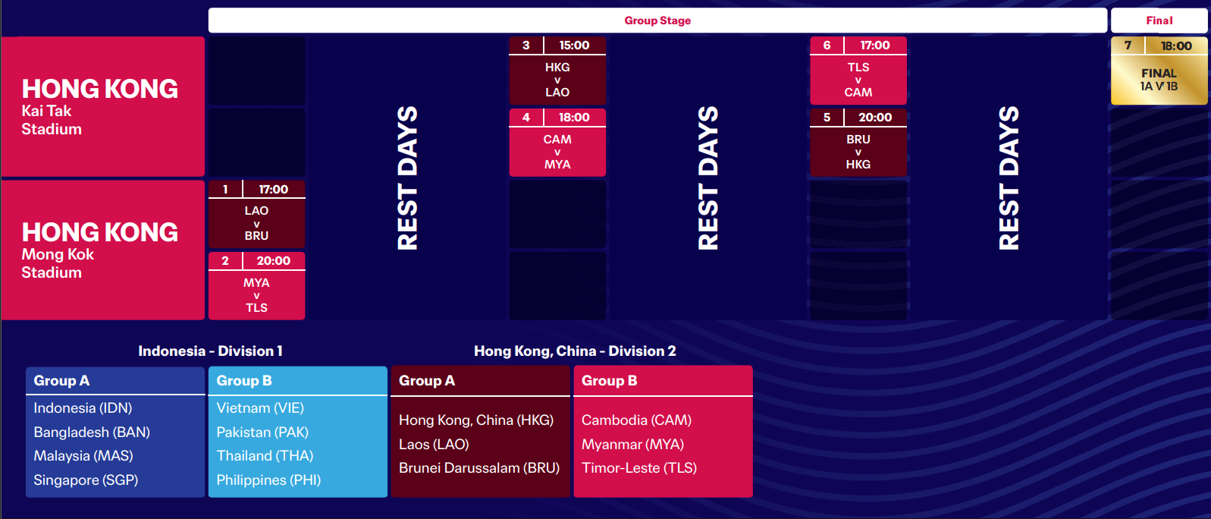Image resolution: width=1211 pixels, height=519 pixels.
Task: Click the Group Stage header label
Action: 657,20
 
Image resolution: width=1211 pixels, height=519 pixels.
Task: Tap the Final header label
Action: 1159,20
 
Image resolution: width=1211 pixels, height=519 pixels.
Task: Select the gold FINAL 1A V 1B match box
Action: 1159,71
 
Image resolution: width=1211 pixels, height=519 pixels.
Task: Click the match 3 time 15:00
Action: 574,46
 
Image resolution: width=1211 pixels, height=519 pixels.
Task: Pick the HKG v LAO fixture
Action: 557,80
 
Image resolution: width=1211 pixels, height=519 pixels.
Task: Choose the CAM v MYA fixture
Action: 557,152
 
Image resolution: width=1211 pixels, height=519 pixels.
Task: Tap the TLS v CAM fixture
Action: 858,80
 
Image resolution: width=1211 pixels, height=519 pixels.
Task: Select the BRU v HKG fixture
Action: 858,152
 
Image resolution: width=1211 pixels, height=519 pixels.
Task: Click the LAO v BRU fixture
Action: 256,223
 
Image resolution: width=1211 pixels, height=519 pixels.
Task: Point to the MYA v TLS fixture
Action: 256,295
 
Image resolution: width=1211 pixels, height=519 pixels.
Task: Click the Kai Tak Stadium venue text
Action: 52,120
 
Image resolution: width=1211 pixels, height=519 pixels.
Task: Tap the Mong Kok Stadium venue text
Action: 58,263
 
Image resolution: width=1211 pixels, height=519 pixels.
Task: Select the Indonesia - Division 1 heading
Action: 210,351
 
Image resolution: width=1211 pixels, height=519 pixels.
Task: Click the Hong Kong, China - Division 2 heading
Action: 575,351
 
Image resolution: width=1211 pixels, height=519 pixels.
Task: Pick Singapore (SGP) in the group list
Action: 86,480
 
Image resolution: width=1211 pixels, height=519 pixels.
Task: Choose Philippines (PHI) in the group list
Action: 268,480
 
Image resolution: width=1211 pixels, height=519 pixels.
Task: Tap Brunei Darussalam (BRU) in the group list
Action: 479,468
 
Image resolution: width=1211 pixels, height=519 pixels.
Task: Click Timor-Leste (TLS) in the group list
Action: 639,468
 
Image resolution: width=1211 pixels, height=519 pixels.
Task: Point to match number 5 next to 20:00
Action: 827,118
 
